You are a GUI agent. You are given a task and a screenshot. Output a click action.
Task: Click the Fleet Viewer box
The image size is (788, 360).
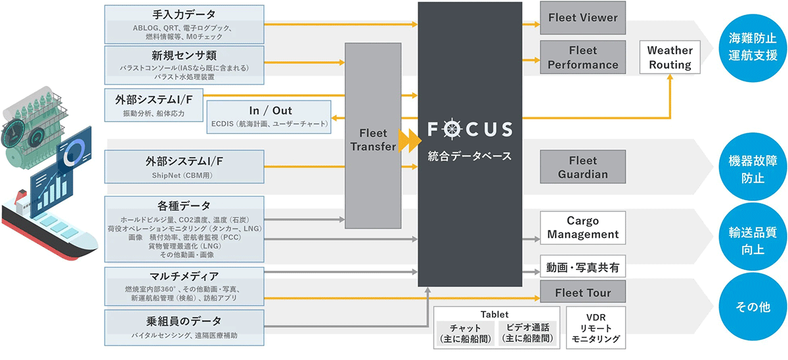[x=582, y=18]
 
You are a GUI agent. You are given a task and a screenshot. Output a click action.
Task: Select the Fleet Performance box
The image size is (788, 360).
[x=582, y=57]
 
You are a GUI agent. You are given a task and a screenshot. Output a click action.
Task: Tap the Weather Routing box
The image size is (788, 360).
[x=670, y=57]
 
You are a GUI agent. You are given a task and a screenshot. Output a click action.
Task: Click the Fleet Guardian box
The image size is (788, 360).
[x=582, y=167]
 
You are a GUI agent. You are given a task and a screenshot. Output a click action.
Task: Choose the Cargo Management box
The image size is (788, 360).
[x=582, y=227]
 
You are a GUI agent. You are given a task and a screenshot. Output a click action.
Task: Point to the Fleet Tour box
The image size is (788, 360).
[x=582, y=292]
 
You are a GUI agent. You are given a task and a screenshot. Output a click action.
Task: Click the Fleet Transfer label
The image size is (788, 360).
[x=373, y=140]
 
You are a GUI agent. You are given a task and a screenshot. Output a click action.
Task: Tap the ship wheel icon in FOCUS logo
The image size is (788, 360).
[x=452, y=129]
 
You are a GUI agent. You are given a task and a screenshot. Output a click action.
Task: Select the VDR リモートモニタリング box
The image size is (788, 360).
[x=596, y=328]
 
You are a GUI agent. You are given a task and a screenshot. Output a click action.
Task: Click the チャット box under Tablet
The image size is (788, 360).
[x=465, y=333]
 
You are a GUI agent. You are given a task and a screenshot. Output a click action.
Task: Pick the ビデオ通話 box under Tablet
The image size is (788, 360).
[x=528, y=333]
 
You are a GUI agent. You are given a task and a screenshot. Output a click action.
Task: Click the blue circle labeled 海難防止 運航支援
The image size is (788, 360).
[x=753, y=48]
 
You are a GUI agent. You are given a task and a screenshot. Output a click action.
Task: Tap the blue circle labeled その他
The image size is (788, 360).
[x=753, y=307]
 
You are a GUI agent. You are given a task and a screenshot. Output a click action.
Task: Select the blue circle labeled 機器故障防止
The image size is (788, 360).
[x=753, y=166]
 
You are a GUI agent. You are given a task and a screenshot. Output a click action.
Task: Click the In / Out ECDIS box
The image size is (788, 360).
[x=269, y=117]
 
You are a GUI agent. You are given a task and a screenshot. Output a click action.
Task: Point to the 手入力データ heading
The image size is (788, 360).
[x=184, y=14]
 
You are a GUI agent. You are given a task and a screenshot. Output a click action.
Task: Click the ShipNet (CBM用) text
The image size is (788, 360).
[x=183, y=175]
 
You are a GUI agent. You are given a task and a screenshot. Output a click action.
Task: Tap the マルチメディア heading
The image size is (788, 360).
[x=184, y=277]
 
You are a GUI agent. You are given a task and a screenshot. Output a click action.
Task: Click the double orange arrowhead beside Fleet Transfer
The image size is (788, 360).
[x=410, y=141]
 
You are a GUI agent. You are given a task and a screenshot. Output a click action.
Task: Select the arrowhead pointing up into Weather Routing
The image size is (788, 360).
[x=670, y=78]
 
